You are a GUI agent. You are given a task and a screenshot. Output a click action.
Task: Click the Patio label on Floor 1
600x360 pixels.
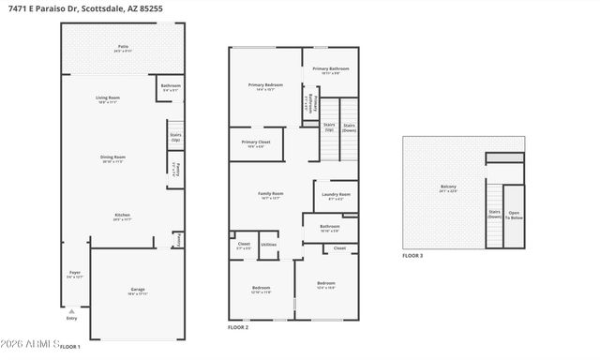(x=123, y=46)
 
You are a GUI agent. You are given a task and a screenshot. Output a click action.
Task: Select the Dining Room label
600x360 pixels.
(x=113, y=157)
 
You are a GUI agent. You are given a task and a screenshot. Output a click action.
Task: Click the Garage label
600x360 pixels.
(x=138, y=291)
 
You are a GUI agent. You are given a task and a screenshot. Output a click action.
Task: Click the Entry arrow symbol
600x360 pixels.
(x=71, y=310)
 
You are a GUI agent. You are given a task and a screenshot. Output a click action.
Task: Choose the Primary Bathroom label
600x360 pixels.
(x=331, y=68)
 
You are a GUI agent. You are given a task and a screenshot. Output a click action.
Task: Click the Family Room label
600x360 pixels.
(x=271, y=194)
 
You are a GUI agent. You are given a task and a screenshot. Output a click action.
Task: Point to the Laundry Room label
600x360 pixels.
(x=336, y=195)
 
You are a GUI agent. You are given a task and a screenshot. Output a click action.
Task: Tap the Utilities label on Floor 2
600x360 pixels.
(x=269, y=245)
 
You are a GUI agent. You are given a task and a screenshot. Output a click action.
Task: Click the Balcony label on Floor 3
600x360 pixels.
(x=448, y=187)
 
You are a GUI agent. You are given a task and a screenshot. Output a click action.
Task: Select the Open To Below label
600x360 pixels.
(x=514, y=213)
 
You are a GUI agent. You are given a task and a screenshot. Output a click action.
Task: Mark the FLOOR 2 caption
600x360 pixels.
(x=238, y=327)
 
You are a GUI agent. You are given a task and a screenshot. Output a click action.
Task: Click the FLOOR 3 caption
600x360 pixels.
(x=413, y=255)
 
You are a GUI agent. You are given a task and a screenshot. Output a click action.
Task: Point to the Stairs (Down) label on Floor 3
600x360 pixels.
(x=494, y=213)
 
